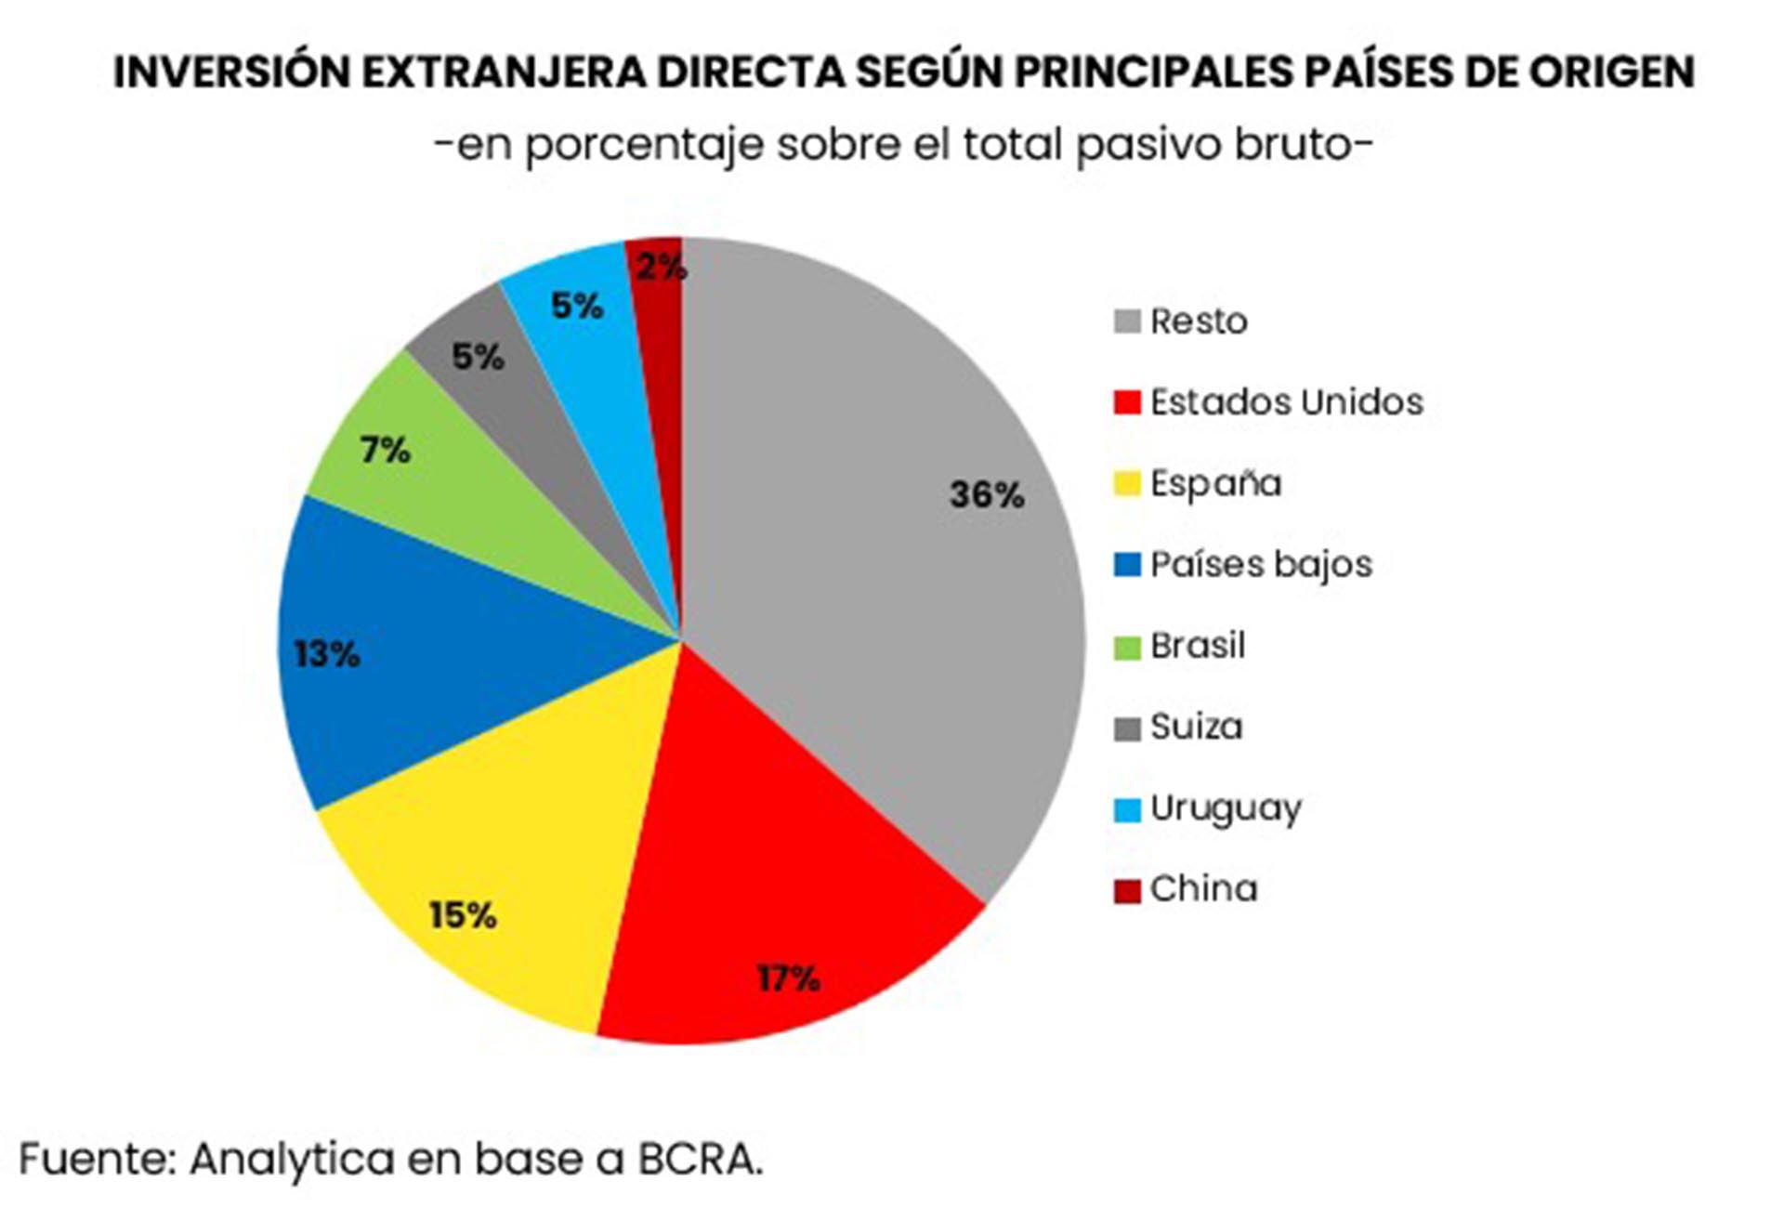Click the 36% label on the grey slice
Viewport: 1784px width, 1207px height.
coord(986,494)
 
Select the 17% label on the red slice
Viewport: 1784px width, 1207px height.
coord(788,978)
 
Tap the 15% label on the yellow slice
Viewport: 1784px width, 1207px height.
coord(463,916)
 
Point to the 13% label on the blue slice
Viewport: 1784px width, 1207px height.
coord(326,654)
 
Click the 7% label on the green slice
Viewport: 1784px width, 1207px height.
coord(385,452)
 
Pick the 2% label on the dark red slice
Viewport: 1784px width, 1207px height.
coord(661,268)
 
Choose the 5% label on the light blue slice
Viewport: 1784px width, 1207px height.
coord(577,306)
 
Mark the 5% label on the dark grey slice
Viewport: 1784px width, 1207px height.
coord(478,357)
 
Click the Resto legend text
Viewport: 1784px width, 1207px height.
coord(1199,321)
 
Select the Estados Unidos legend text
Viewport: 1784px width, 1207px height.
coord(1286,402)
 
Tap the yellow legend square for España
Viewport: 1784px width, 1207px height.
coord(1127,484)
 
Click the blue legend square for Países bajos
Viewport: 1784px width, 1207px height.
coord(1127,565)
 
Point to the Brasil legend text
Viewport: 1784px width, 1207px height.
coord(1198,646)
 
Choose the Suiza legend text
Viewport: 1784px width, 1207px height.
coord(1196,727)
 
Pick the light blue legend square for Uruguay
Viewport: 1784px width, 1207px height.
coord(1127,809)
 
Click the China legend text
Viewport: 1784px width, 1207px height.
coord(1203,889)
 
